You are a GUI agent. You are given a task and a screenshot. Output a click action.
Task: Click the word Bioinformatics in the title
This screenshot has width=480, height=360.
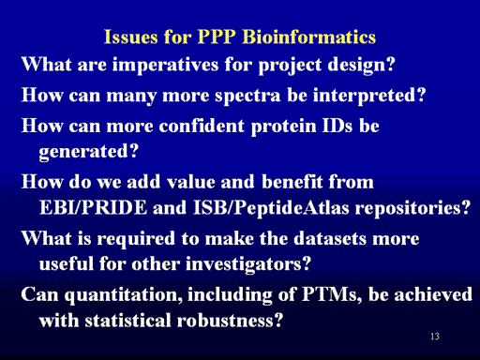point(308,37)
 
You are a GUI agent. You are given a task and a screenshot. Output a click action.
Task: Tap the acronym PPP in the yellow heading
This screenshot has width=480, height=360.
point(217,37)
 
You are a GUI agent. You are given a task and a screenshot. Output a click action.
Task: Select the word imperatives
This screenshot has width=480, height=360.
point(165,65)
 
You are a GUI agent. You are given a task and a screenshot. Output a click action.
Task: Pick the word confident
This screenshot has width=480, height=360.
point(202,126)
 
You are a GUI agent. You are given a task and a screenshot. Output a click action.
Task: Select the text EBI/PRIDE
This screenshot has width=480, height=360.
point(93,207)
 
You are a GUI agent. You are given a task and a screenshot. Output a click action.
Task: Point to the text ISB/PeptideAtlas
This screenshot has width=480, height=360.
point(271,208)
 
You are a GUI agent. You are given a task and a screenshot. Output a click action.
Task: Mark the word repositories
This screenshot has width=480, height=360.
point(409,208)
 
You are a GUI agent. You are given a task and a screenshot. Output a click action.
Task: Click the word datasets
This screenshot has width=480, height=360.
point(330,238)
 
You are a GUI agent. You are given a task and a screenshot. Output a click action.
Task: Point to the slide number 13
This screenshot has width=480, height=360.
point(435,337)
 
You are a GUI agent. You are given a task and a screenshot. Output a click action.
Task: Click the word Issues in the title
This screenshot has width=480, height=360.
point(130,37)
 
